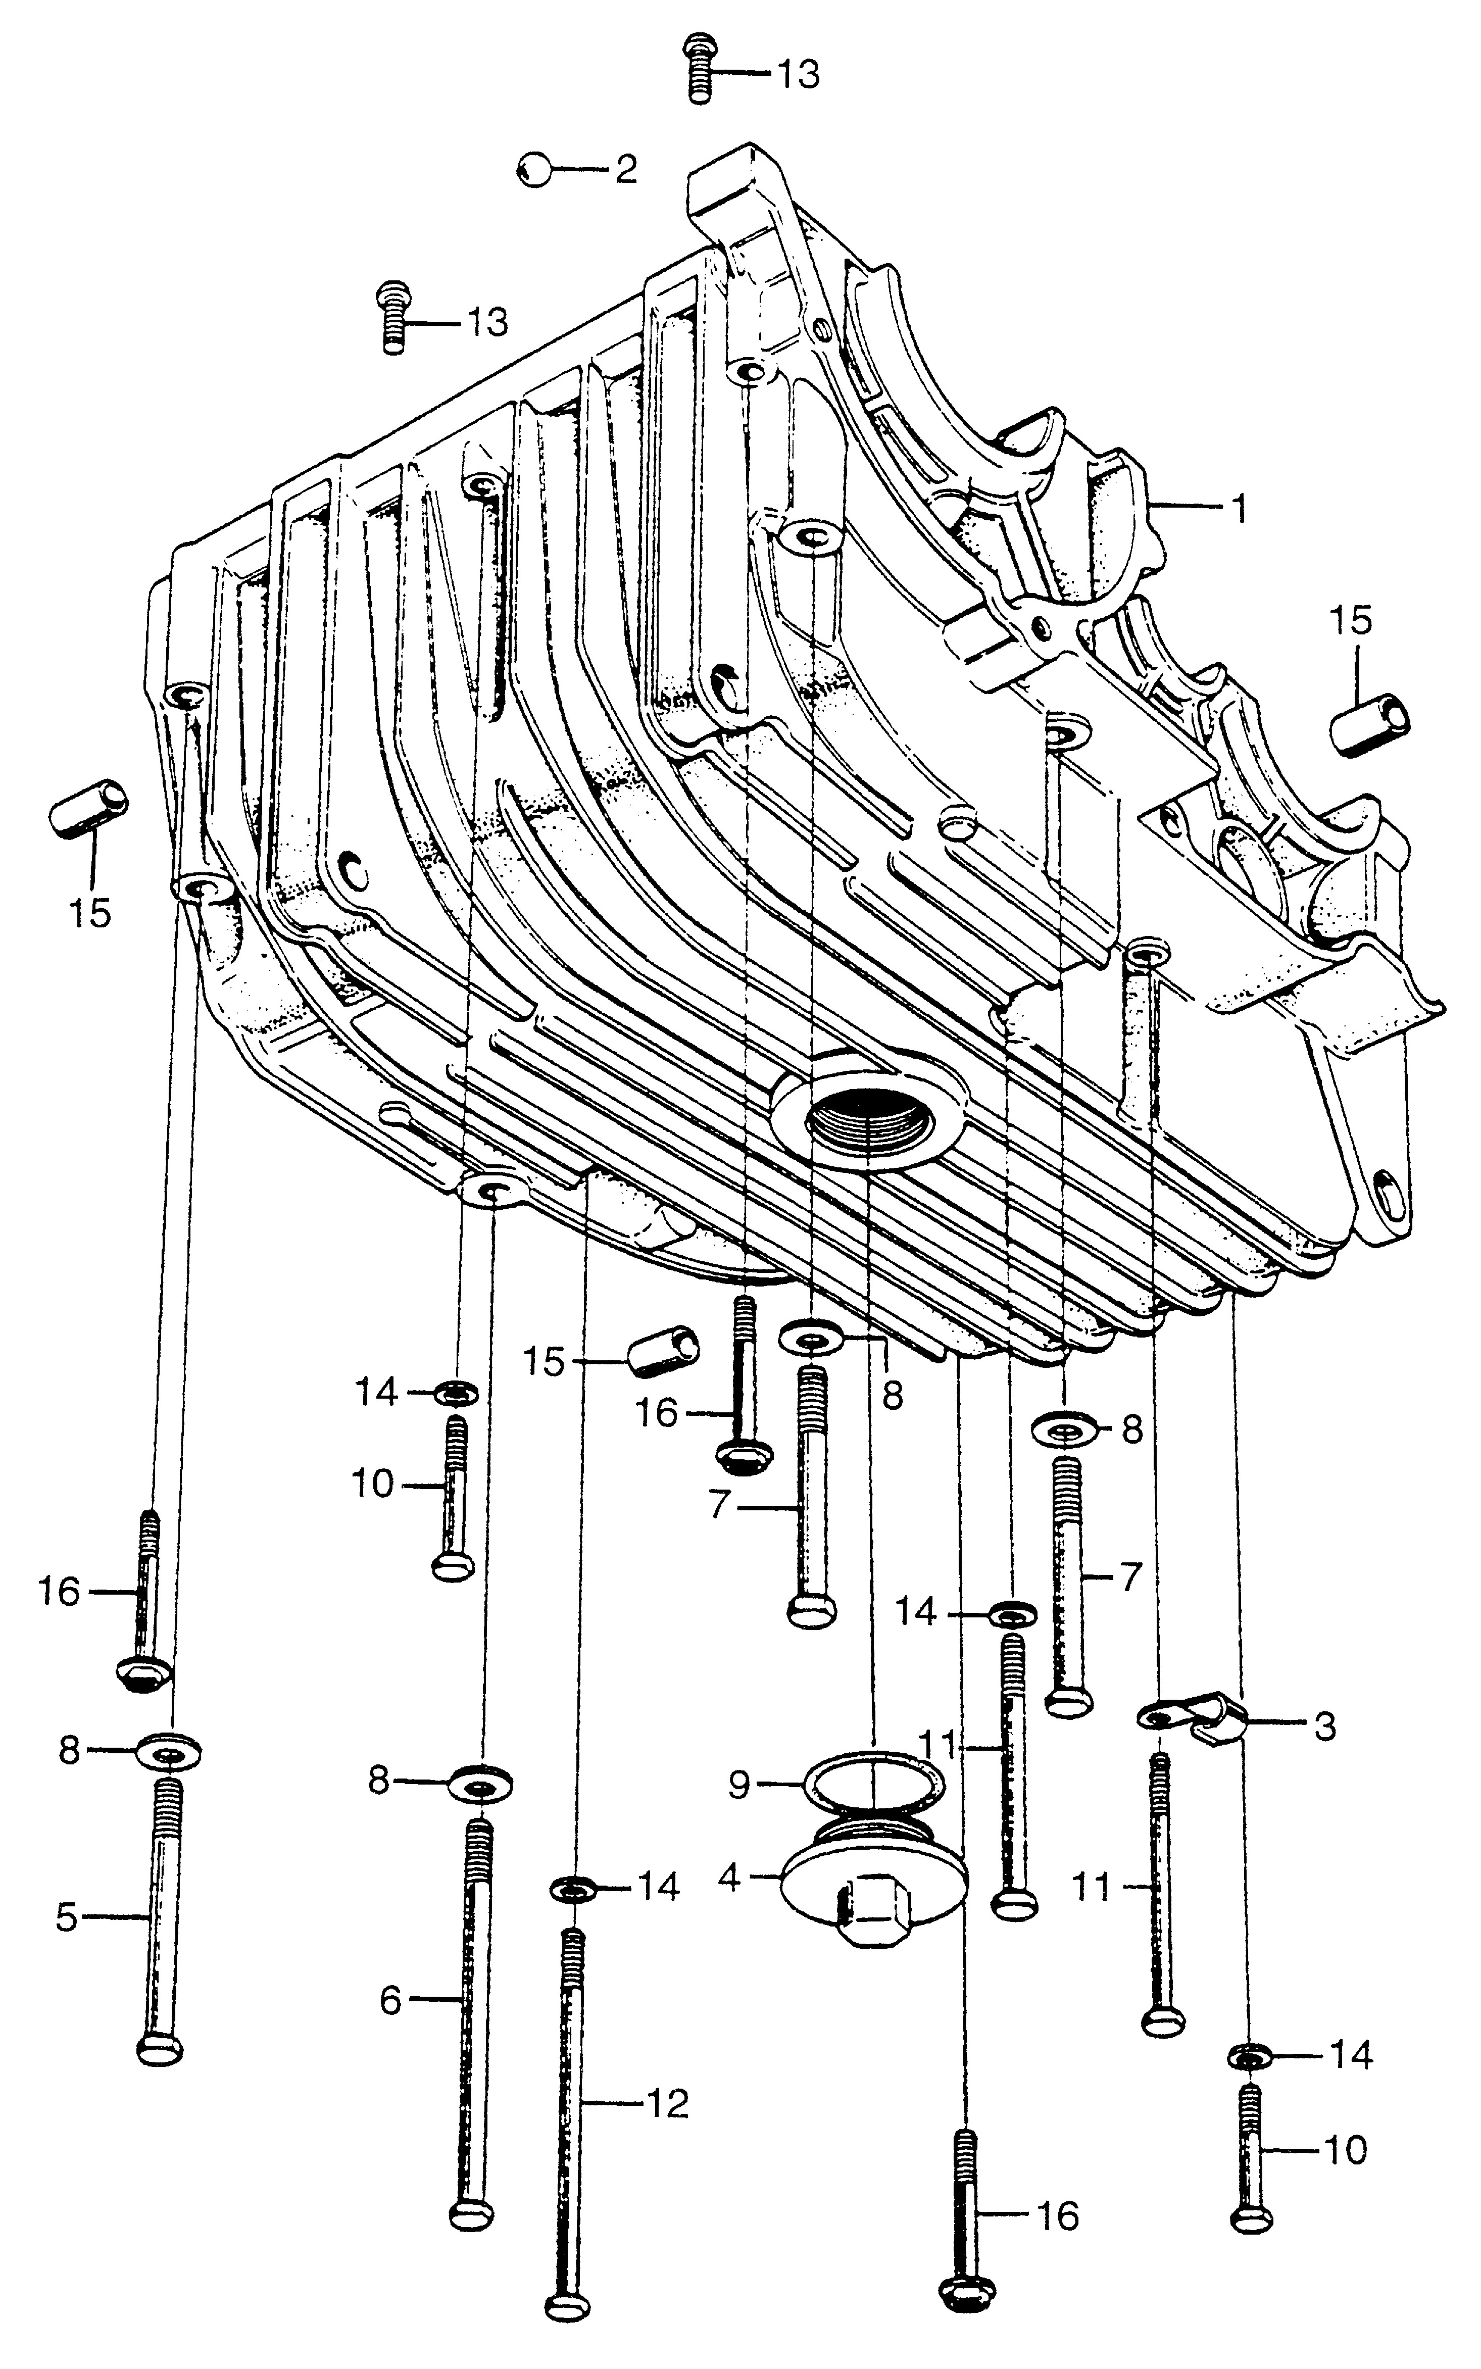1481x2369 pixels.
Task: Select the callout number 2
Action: click(626, 169)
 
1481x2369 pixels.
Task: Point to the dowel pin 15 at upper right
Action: click(1369, 725)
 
